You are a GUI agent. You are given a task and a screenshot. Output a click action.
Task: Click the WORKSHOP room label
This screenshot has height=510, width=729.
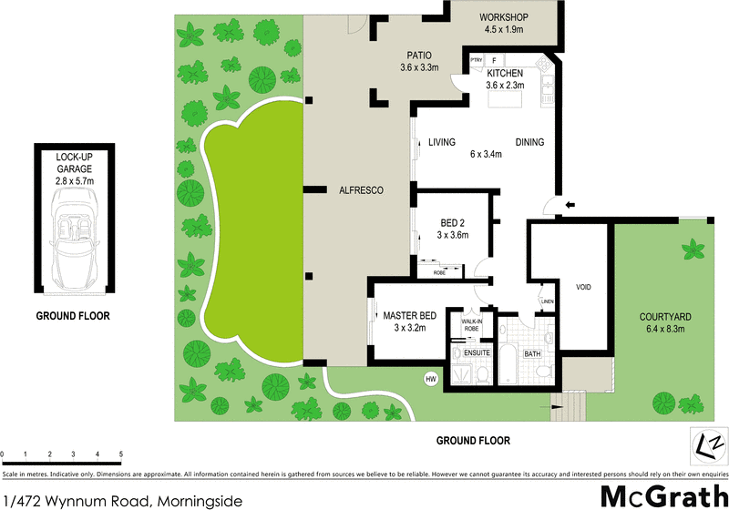point(504,16)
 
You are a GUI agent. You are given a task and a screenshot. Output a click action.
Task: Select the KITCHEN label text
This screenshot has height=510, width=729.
point(504,73)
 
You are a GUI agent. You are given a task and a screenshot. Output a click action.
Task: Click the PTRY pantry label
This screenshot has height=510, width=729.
point(476,61)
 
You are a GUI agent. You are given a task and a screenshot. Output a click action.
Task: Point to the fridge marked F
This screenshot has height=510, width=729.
point(494,60)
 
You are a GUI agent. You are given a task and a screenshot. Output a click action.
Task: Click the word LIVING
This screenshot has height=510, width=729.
point(442,142)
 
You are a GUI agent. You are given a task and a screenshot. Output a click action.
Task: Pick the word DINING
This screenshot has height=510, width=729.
point(529,142)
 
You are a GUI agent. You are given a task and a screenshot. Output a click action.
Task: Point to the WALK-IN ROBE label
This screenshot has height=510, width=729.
point(471,323)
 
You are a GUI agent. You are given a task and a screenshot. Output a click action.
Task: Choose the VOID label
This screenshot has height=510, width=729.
point(583,287)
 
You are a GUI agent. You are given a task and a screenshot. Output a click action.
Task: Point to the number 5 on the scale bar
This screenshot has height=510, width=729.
point(120,453)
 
